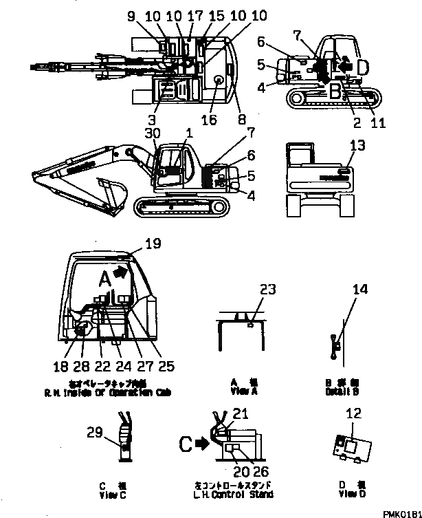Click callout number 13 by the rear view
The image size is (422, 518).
coord(357,145)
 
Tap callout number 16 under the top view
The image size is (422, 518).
coord(208,120)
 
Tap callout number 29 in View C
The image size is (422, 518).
coord(95,432)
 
